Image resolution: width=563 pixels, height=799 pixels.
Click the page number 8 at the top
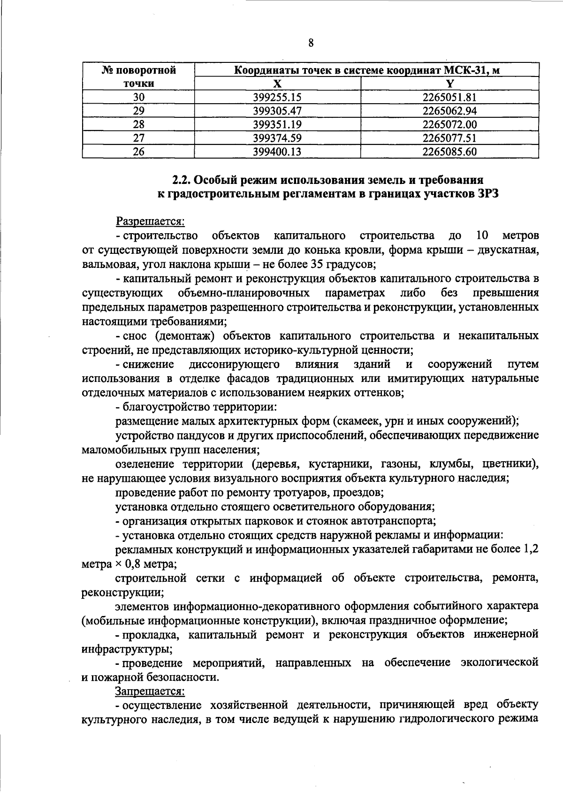pos(311,44)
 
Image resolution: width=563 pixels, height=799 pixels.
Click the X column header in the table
pos(277,84)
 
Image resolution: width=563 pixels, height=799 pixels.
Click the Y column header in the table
pos(449,84)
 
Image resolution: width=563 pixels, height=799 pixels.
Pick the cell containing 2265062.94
pos(449,111)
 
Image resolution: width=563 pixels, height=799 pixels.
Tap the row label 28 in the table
pos(138,124)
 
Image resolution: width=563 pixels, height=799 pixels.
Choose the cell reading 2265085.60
pos(449,152)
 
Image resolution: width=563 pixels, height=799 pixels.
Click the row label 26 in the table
pos(138,152)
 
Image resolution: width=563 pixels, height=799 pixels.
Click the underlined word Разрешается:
pos(150,221)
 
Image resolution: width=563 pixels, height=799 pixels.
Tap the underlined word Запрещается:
pos(150,691)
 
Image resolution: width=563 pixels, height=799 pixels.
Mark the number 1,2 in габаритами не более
pos(529,549)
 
